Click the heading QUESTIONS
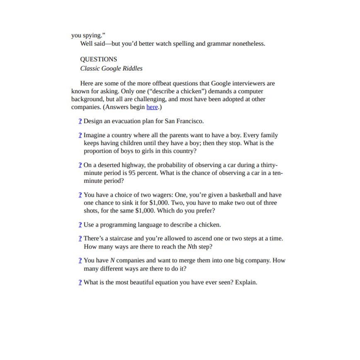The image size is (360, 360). coord(99,59)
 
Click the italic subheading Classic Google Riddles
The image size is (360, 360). coord(111,68)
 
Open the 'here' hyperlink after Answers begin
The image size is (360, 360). coord(152,107)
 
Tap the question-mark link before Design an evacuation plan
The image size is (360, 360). coord(80,121)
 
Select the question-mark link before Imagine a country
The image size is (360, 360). coord(80,135)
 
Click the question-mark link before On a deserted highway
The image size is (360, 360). coord(80,165)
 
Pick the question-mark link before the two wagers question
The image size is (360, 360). coord(80,195)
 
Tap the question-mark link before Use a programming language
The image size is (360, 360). coord(80,225)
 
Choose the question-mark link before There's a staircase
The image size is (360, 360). coord(80,239)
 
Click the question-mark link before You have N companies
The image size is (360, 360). coord(80,261)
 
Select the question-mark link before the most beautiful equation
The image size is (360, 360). coord(80,282)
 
